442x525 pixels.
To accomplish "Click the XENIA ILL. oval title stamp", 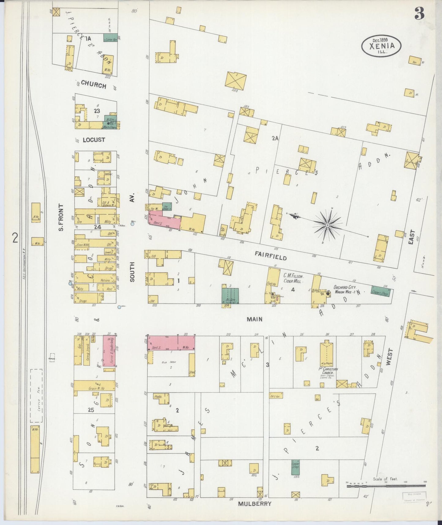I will tap(381, 46).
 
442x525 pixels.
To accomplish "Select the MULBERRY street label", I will tap(254, 504).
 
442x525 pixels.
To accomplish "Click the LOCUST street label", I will tap(94, 140).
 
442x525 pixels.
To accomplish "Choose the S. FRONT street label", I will tap(61, 217).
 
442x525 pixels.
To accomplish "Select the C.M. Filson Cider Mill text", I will tap(293, 279).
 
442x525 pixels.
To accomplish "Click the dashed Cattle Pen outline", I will tap(36, 395).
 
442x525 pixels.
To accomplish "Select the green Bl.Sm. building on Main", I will tap(230, 296).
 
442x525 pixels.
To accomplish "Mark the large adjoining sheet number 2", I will tap(15, 238).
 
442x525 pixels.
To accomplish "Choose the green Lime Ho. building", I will tap(110, 38).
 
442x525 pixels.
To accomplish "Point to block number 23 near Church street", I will tap(97, 111).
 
